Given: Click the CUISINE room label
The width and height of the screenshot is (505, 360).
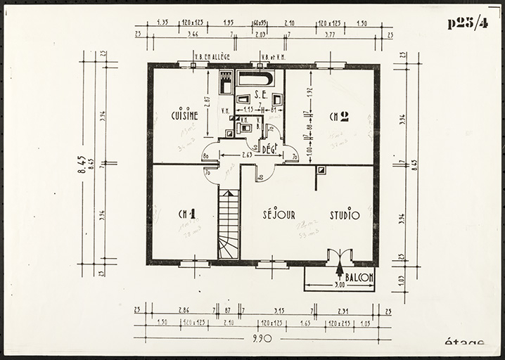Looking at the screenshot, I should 184,115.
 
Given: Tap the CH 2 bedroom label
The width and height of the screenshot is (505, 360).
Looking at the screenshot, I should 338,117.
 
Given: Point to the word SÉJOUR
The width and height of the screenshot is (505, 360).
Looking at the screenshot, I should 279,214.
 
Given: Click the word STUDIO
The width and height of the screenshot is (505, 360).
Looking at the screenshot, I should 345,214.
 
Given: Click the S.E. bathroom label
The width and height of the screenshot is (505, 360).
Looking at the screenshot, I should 260,94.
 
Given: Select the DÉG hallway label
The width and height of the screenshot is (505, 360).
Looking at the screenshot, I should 268,148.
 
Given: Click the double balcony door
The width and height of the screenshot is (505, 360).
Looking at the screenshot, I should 340,256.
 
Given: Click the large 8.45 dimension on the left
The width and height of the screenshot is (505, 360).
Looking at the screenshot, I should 82,169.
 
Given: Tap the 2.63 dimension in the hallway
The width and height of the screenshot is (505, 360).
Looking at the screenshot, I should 248,154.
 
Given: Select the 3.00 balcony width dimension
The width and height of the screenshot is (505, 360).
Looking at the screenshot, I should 339,286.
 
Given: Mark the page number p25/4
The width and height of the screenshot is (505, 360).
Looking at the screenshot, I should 467,23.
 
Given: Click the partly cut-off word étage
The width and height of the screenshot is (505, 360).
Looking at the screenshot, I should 464,344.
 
